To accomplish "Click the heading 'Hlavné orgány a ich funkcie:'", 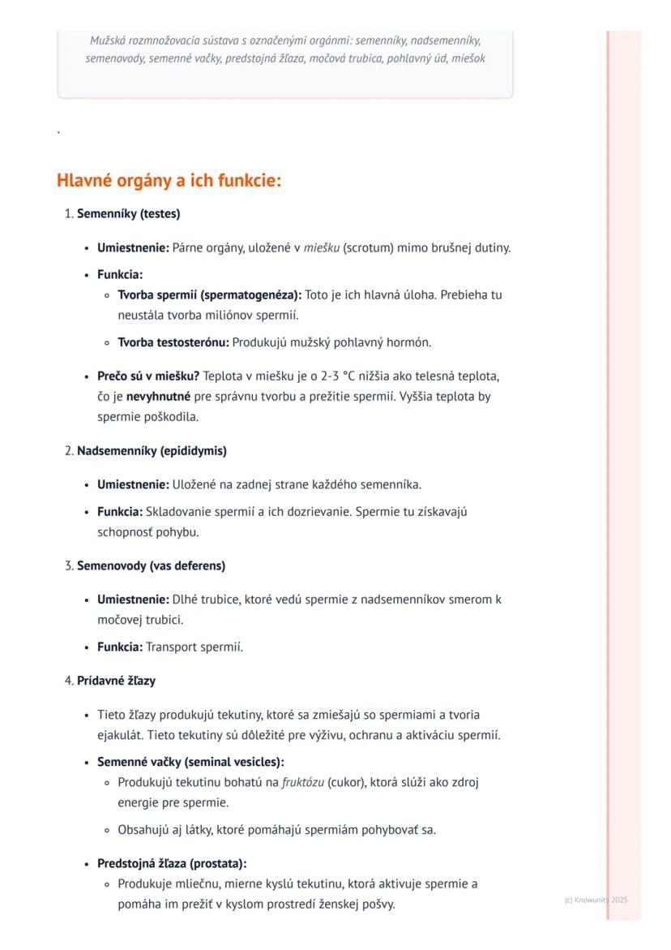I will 169,180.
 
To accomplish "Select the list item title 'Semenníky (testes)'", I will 128,214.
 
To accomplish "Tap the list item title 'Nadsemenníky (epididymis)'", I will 152,450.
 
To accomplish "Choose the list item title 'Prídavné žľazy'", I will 116,681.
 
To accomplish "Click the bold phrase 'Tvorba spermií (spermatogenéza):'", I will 209,294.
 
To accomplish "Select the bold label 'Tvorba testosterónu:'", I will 173,342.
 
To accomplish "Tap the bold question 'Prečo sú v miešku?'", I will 148,376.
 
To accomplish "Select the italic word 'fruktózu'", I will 303,783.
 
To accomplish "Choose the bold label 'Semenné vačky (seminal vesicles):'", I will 190,763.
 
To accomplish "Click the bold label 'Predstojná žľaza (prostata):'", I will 172,863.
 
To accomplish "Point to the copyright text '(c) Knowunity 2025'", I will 596,900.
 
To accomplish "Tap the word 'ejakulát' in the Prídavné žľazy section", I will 119,736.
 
